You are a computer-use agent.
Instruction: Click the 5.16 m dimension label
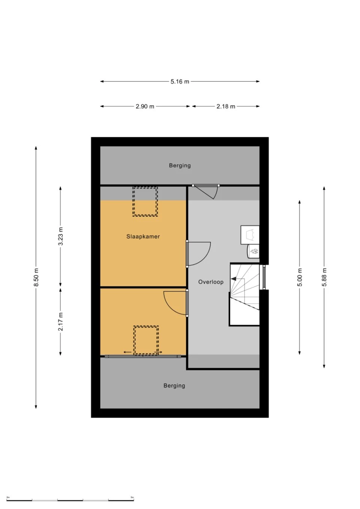point(180,82)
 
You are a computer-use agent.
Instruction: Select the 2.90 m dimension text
point(145,106)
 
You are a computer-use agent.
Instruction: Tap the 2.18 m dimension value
point(226,106)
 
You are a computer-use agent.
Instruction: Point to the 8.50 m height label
point(36,277)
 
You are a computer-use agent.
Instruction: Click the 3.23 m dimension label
point(60,236)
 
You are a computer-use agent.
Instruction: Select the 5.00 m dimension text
point(300,277)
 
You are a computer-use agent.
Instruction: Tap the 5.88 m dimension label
point(324,277)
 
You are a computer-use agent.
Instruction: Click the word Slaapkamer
point(143,237)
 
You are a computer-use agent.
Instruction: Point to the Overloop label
point(211,282)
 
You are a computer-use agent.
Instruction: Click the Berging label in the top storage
point(180,165)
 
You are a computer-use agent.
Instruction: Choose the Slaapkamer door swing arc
point(203,259)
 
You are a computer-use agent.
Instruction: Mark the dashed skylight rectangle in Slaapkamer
point(145,201)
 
